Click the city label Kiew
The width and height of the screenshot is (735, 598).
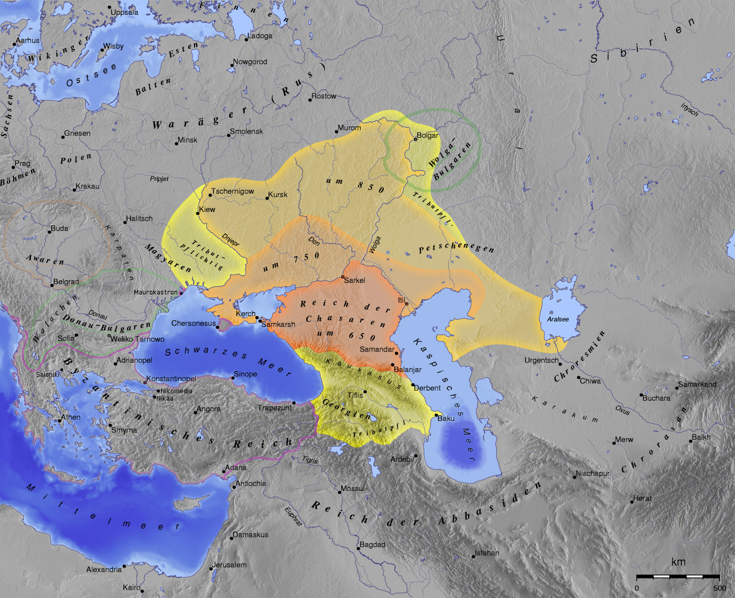pyautogui.click(x=207, y=210)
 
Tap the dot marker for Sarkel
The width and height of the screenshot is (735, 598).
pyautogui.click(x=343, y=277)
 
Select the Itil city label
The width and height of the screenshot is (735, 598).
pyautogui.click(x=401, y=300)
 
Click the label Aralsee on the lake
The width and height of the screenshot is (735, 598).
pyautogui.click(x=558, y=319)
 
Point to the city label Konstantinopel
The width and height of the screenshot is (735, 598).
pyautogui.click(x=171, y=379)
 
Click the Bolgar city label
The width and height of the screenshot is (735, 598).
pyautogui.click(x=427, y=136)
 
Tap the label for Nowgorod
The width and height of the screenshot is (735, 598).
pyautogui.click(x=250, y=62)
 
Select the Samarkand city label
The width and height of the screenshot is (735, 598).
pyautogui.click(x=697, y=384)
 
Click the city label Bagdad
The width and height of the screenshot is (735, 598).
pyautogui.click(x=372, y=545)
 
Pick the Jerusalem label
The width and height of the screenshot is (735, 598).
pyautogui.click(x=229, y=565)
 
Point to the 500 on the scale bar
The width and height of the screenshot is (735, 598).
pyautogui.click(x=720, y=588)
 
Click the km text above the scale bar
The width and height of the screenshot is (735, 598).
pyautogui.click(x=678, y=562)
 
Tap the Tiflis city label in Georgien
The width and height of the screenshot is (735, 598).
pyautogui.click(x=355, y=395)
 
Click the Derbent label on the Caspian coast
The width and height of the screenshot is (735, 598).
pyautogui.click(x=427, y=388)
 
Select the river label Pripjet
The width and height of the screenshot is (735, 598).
pyautogui.click(x=159, y=179)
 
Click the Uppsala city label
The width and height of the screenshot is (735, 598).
pyautogui.click(x=124, y=12)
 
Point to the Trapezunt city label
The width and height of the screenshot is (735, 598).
pyautogui.click(x=275, y=407)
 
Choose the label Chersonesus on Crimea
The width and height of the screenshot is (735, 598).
pyautogui.click(x=194, y=324)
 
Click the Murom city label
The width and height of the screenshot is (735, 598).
pyautogui.click(x=349, y=128)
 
